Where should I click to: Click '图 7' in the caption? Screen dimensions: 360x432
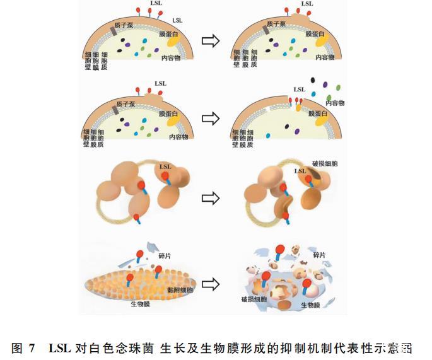(x=25, y=347)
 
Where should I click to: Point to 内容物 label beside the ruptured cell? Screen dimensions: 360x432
(x=335, y=103)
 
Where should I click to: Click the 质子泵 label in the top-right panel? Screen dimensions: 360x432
(x=276, y=23)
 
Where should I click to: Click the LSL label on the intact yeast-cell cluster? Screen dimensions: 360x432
(x=166, y=167)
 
